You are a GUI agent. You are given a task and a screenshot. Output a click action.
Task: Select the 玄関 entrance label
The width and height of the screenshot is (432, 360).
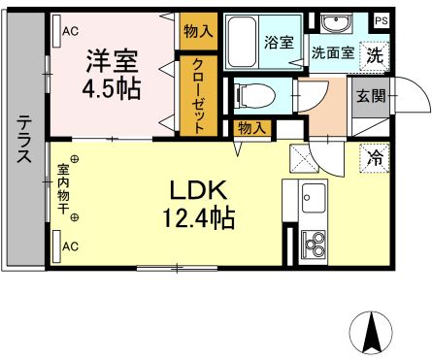click(x=369, y=95)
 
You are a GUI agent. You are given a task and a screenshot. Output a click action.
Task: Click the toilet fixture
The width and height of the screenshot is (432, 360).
click(x=255, y=94)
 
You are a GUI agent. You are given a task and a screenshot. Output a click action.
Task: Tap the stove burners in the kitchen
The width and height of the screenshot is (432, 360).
click(x=316, y=244)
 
